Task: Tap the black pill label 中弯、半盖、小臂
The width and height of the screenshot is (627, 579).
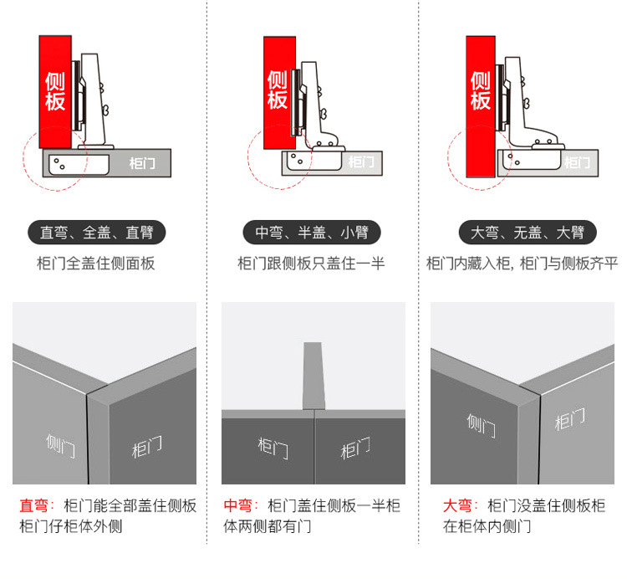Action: pyautogui.click(x=312, y=232)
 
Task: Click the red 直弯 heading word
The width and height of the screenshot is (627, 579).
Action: pyautogui.click(x=34, y=506)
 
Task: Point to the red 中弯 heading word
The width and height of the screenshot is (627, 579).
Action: pyautogui.click(x=238, y=506)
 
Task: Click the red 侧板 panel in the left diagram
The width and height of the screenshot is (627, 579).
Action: pyautogui.click(x=56, y=91)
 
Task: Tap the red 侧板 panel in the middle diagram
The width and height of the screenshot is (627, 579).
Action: pyautogui.click(x=278, y=91)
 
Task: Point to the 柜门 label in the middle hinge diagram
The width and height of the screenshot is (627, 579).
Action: pyautogui.click(x=361, y=161)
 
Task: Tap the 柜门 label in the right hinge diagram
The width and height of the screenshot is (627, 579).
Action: pyautogui.click(x=577, y=161)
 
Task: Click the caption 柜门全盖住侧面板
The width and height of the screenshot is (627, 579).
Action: pyautogui.click(x=96, y=264)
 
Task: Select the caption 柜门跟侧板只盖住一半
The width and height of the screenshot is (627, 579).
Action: pyautogui.click(x=311, y=264)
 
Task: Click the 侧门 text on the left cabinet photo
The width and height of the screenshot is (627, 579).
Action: pyautogui.click(x=60, y=443)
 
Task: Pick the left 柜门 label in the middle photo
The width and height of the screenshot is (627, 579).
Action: pyautogui.click(x=273, y=448)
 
